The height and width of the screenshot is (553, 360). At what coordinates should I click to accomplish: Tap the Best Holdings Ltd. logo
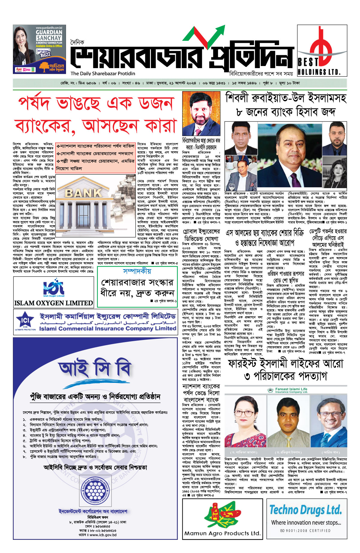click(322, 50)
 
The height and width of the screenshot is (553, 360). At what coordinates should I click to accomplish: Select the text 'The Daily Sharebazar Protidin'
click(103, 74)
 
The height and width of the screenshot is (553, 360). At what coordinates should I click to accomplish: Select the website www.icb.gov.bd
click(103, 534)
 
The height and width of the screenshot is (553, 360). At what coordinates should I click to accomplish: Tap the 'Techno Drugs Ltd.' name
click(305, 510)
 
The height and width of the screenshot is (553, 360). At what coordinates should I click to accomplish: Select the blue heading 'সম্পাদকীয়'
click(137, 271)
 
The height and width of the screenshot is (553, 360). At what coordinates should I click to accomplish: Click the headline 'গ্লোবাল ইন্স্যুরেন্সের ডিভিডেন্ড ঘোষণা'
click(201, 235)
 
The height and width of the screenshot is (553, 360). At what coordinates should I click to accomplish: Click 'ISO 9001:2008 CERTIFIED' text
click(305, 530)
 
